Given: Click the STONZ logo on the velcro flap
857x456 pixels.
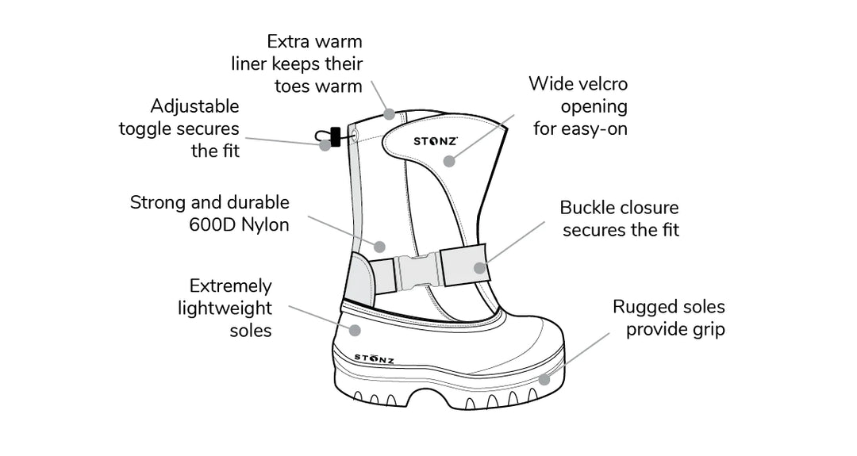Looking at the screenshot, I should (x=435, y=141).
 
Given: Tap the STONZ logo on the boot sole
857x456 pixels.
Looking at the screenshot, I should (x=374, y=359).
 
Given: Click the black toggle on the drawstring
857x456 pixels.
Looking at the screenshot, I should (x=335, y=136).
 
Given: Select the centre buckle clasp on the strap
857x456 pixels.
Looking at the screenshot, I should (x=418, y=271).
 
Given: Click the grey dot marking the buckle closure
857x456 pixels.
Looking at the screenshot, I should (x=479, y=267).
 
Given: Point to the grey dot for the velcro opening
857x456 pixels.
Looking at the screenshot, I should (x=449, y=161).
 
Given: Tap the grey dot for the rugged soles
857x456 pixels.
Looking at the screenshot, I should (x=544, y=379).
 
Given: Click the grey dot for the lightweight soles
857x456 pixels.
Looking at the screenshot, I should (x=355, y=329).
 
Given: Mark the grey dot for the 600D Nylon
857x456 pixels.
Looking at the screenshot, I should (x=379, y=246).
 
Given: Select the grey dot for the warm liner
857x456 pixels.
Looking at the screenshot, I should (x=389, y=114).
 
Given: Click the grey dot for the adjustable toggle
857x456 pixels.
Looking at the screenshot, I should (x=325, y=145).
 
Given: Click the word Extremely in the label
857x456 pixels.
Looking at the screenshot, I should (x=230, y=286).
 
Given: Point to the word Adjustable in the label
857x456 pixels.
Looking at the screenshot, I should (x=194, y=106).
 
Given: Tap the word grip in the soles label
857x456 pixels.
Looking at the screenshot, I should (x=709, y=329).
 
